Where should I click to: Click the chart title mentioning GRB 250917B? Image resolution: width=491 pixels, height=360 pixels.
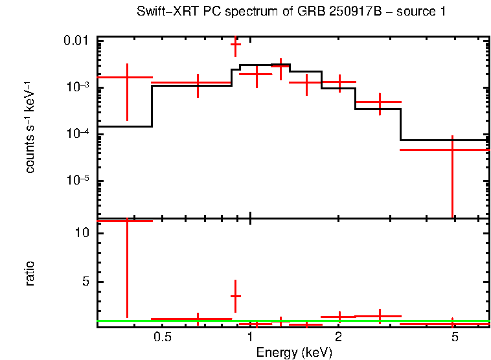pos(291,12)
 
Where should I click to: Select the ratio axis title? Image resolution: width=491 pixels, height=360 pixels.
pos(30,273)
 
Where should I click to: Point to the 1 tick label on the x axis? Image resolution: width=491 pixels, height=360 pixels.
pos(251,337)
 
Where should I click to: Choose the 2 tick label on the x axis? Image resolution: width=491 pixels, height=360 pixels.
pos(338,337)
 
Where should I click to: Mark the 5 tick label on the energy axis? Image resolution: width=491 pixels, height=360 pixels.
pos(455,337)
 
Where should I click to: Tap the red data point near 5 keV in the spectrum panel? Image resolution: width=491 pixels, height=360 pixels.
pos(452,150)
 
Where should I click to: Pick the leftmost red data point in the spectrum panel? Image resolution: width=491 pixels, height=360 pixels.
pos(127,77)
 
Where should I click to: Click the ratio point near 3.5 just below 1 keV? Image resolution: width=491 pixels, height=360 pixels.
pos(236,295)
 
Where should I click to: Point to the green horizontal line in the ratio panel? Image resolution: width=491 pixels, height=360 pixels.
pos(389,321)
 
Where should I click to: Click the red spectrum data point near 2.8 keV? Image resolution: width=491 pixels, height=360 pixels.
pos(380,102)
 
